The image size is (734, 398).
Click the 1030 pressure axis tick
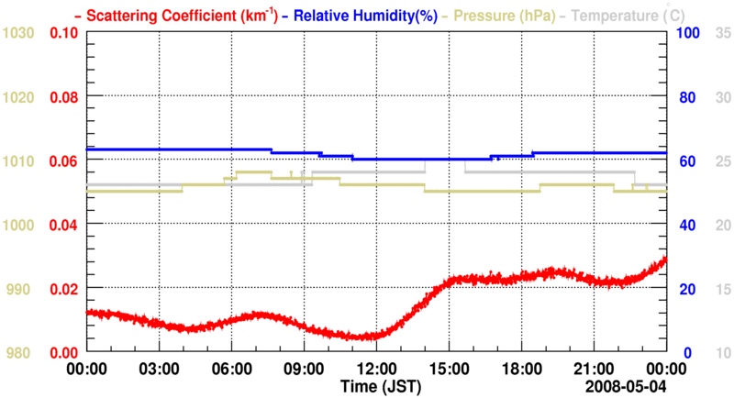click(x=18, y=33)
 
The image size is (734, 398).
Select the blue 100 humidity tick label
click(x=689, y=33)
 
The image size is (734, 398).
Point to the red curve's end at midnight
click(x=665, y=260)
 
